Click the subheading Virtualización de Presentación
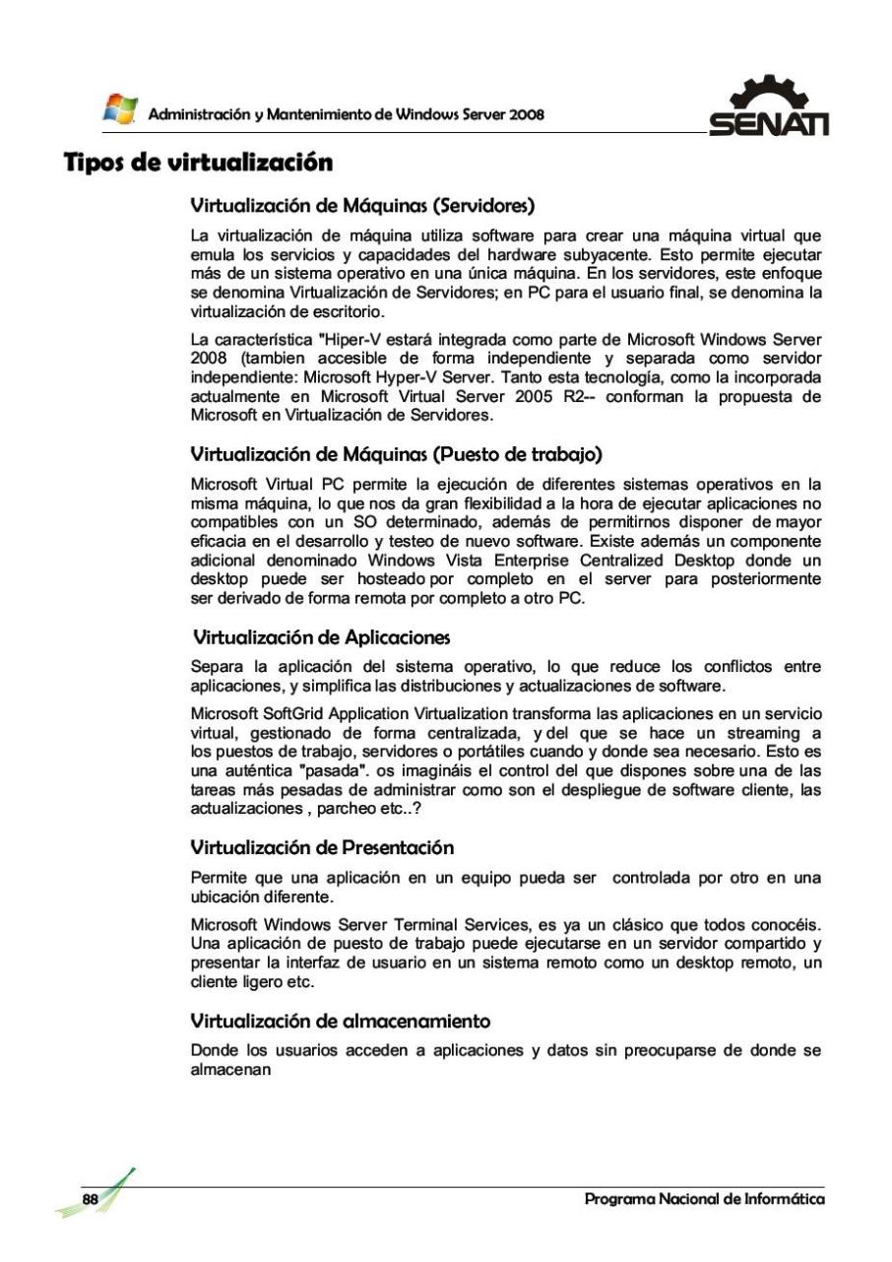(309, 787)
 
